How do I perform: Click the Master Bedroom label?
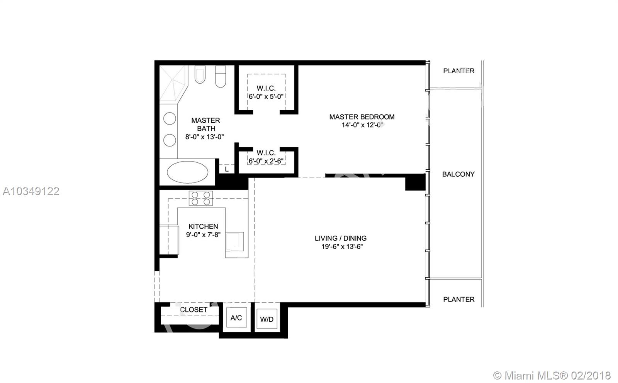click(x=362, y=117)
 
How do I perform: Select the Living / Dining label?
click(x=341, y=238)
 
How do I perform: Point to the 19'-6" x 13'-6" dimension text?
click(x=342, y=246)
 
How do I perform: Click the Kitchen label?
click(x=203, y=226)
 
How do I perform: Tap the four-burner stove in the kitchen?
click(x=200, y=198)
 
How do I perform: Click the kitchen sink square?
click(x=235, y=242)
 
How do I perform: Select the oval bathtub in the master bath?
click(x=188, y=172)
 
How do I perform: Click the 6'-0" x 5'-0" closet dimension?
click(x=266, y=97)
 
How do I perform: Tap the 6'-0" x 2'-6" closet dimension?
click(x=266, y=161)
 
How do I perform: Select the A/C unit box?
click(x=236, y=318)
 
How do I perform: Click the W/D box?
click(x=267, y=319)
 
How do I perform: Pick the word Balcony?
click(x=458, y=174)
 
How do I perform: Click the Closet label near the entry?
click(x=194, y=310)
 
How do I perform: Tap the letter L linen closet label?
click(x=227, y=169)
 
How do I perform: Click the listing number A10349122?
click(x=31, y=191)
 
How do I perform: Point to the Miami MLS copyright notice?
click(x=552, y=375)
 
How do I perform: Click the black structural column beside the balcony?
click(x=415, y=182)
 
